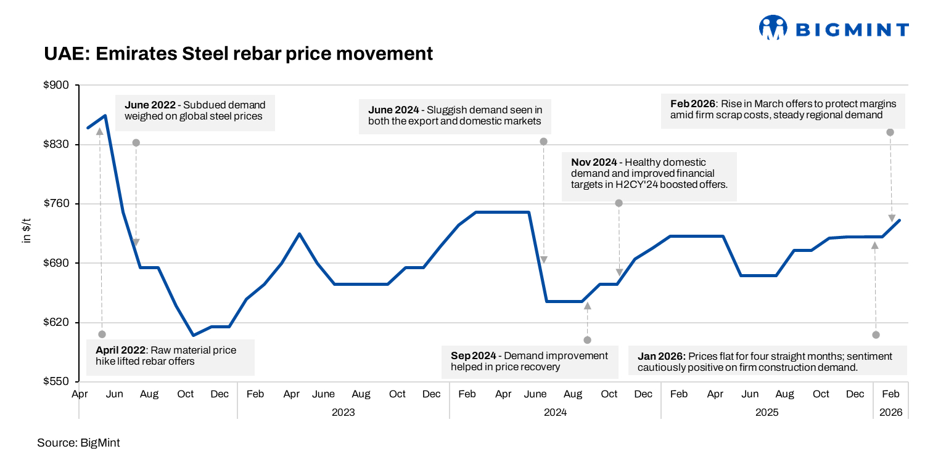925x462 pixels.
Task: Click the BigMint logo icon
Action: click(x=773, y=28)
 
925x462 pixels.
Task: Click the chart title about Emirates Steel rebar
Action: click(x=238, y=54)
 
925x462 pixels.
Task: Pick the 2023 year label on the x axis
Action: click(x=343, y=412)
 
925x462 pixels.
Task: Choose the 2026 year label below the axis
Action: click(x=891, y=412)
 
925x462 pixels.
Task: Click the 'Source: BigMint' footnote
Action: click(x=78, y=442)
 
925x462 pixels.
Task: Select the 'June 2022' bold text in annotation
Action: click(x=150, y=105)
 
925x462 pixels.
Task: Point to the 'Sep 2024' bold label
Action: click(x=472, y=355)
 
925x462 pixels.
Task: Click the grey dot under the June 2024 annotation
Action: click(x=544, y=142)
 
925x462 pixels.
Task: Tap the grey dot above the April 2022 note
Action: click(x=102, y=334)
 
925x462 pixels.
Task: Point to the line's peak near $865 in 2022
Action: click(x=106, y=115)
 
